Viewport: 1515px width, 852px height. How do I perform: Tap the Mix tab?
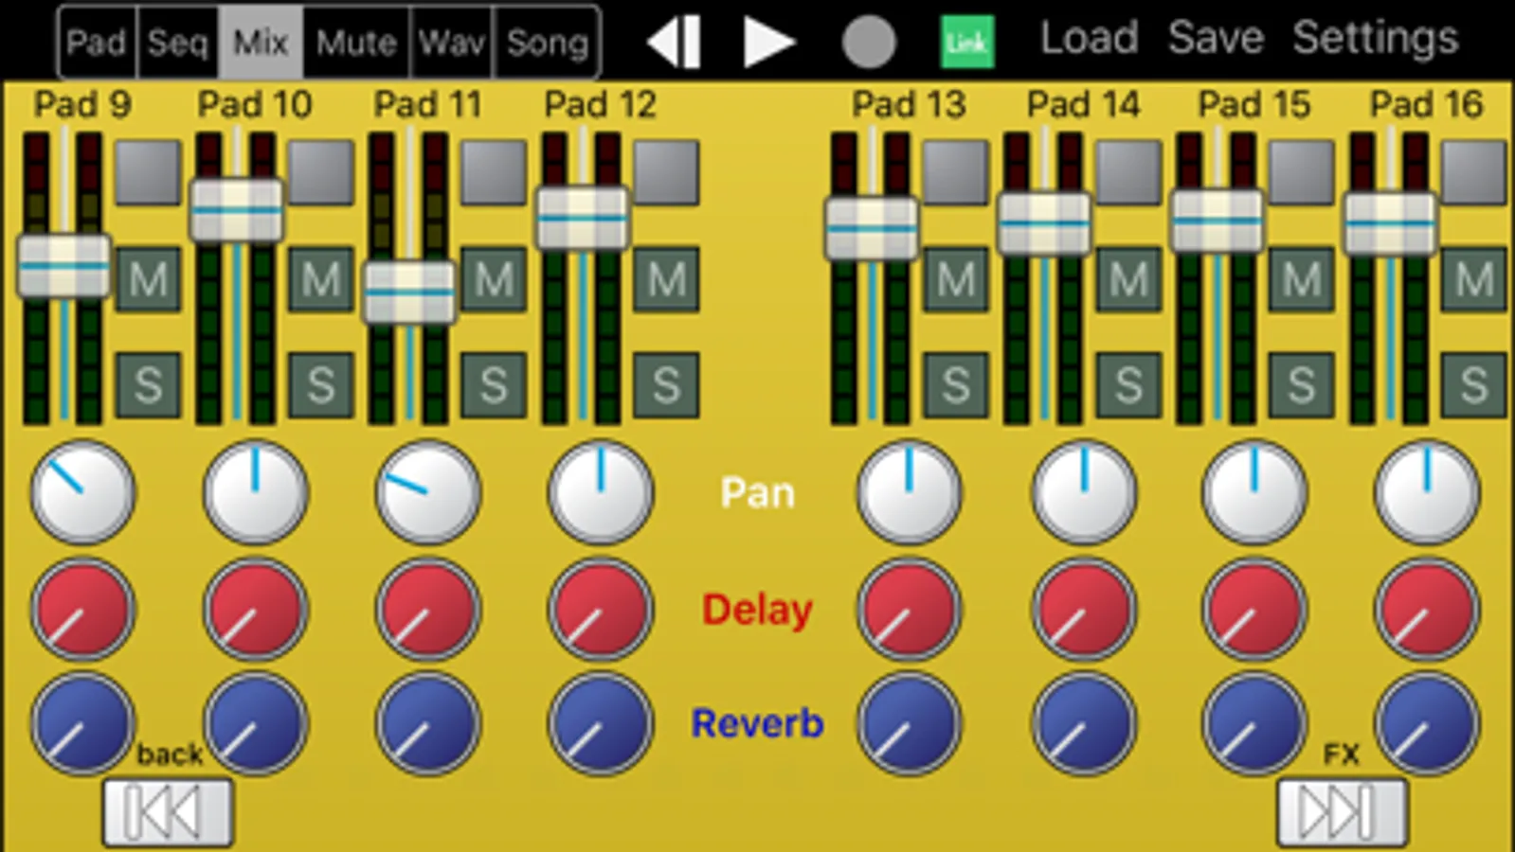[261, 43]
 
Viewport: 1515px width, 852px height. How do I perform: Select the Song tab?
[548, 43]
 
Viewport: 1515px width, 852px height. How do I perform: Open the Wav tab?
[452, 43]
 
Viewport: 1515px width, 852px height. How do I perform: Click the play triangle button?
[767, 43]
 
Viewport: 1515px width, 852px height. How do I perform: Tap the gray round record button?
[869, 43]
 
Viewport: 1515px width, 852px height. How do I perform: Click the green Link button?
[967, 43]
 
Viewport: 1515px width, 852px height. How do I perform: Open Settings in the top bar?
[1375, 39]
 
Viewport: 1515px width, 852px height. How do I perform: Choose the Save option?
[1216, 39]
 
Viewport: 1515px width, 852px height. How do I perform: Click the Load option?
[1089, 39]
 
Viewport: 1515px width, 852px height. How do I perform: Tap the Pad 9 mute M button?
[148, 279]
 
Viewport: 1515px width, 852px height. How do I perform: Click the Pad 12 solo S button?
[666, 385]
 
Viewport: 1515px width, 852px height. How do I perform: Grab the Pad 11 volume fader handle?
[409, 292]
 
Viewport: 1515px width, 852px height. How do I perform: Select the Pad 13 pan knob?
[909, 492]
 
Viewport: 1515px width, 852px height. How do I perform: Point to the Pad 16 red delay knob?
[1427, 609]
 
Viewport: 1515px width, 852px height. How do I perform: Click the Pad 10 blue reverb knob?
[256, 724]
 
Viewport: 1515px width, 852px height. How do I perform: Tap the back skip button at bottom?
[168, 812]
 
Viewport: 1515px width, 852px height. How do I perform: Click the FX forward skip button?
[1341, 812]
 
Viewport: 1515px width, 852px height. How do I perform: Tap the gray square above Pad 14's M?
[1128, 172]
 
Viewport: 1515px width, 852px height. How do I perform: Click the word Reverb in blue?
[757, 724]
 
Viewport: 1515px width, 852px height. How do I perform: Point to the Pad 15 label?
[1253, 104]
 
